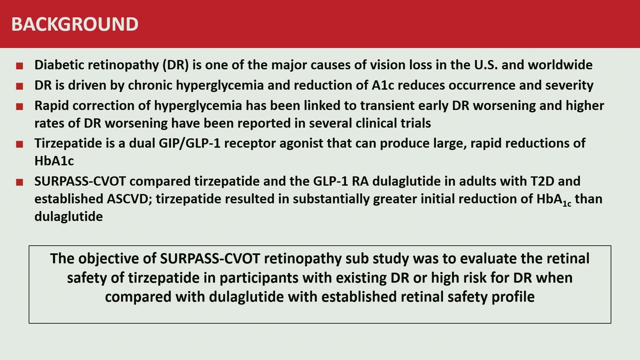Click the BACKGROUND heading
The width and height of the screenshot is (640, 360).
(75, 24)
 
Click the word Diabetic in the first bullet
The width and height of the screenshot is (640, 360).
(59, 65)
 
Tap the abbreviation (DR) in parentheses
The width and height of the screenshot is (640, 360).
(176, 65)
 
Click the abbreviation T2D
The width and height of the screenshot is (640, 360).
(542, 181)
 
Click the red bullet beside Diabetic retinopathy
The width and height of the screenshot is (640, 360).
(19, 66)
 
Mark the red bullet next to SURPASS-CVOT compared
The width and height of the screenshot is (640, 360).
(19, 182)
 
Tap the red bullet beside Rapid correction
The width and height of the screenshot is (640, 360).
(19, 107)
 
